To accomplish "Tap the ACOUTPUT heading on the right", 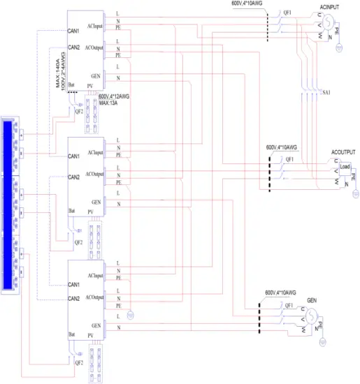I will pos(343,152).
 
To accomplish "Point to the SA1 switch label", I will pos(328,92).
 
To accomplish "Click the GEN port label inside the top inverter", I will pos(96,74).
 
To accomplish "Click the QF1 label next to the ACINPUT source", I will pos(287,13).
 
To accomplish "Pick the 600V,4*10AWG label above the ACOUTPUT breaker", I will pos(282,148).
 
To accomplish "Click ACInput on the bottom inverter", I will pos(94,276).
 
